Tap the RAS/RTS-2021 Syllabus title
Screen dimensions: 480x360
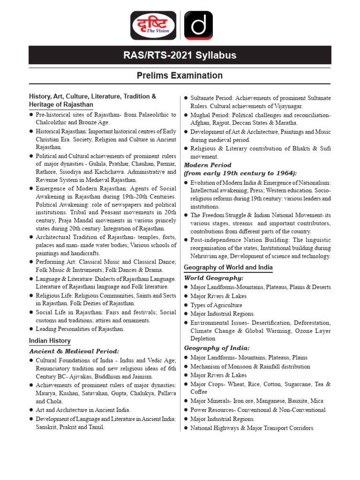pos(180,56)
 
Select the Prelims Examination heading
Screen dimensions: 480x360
pos(180,75)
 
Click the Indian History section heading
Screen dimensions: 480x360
pos(50,341)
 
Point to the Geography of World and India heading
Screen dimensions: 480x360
pos(228,268)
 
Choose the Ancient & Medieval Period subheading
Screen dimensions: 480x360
pos(74,351)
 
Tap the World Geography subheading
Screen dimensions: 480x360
pos(214,278)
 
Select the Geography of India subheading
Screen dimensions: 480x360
pos(217,348)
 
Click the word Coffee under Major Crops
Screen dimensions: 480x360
pos(199,392)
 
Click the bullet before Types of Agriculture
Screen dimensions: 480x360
pos(186,305)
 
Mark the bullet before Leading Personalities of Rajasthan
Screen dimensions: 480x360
pos(31,329)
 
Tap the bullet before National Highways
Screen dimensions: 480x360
pos(186,428)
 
